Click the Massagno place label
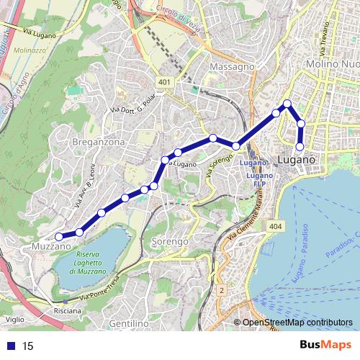pos(232,66)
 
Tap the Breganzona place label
pos(99,143)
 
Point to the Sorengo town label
pos(169,240)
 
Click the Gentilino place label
pos(130,325)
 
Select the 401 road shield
pos(165,82)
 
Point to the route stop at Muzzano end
pos(60,235)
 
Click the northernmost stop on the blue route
pos(287,104)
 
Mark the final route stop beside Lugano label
pos(300,148)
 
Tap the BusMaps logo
pos(325,346)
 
